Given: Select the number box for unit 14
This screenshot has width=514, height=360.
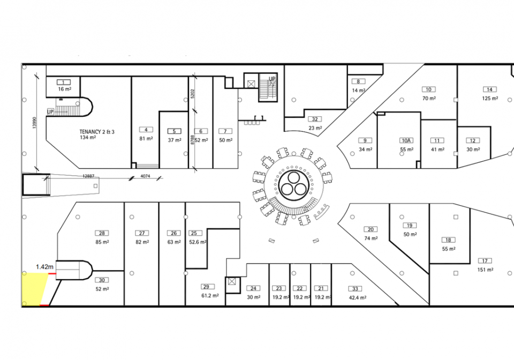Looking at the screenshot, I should coord(489,89).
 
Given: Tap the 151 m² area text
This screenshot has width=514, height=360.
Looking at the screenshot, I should coord(485,269).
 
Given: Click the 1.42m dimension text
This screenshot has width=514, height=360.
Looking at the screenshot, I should coord(45,266).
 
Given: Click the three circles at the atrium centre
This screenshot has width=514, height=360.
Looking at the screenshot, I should coord(293,186).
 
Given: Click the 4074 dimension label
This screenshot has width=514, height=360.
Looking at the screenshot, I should coord(145,176).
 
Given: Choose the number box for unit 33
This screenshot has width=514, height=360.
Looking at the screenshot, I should coord(354,288).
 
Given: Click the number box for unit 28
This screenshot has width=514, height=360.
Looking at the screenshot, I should coord(101,233).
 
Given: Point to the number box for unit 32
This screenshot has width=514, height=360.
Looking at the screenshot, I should coord(315,119).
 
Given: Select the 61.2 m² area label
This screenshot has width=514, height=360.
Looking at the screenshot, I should coord(210,295).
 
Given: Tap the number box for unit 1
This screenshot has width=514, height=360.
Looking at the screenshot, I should coord(64,82).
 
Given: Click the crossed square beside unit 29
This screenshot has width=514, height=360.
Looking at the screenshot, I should coord(232,281).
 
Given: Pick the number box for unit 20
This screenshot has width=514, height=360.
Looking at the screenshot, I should coord(371,229).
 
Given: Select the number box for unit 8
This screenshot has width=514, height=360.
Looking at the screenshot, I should coord(358,81).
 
